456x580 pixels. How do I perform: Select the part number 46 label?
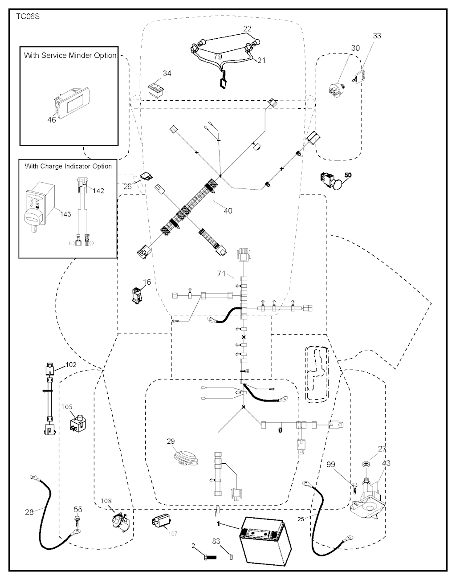tap(52, 119)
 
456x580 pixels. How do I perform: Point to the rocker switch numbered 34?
tap(156, 87)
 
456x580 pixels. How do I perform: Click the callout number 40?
tap(228, 210)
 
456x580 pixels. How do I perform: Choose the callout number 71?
tap(222, 274)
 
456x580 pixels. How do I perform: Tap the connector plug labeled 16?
tap(136, 294)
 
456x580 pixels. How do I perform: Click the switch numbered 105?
tap(78, 423)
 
